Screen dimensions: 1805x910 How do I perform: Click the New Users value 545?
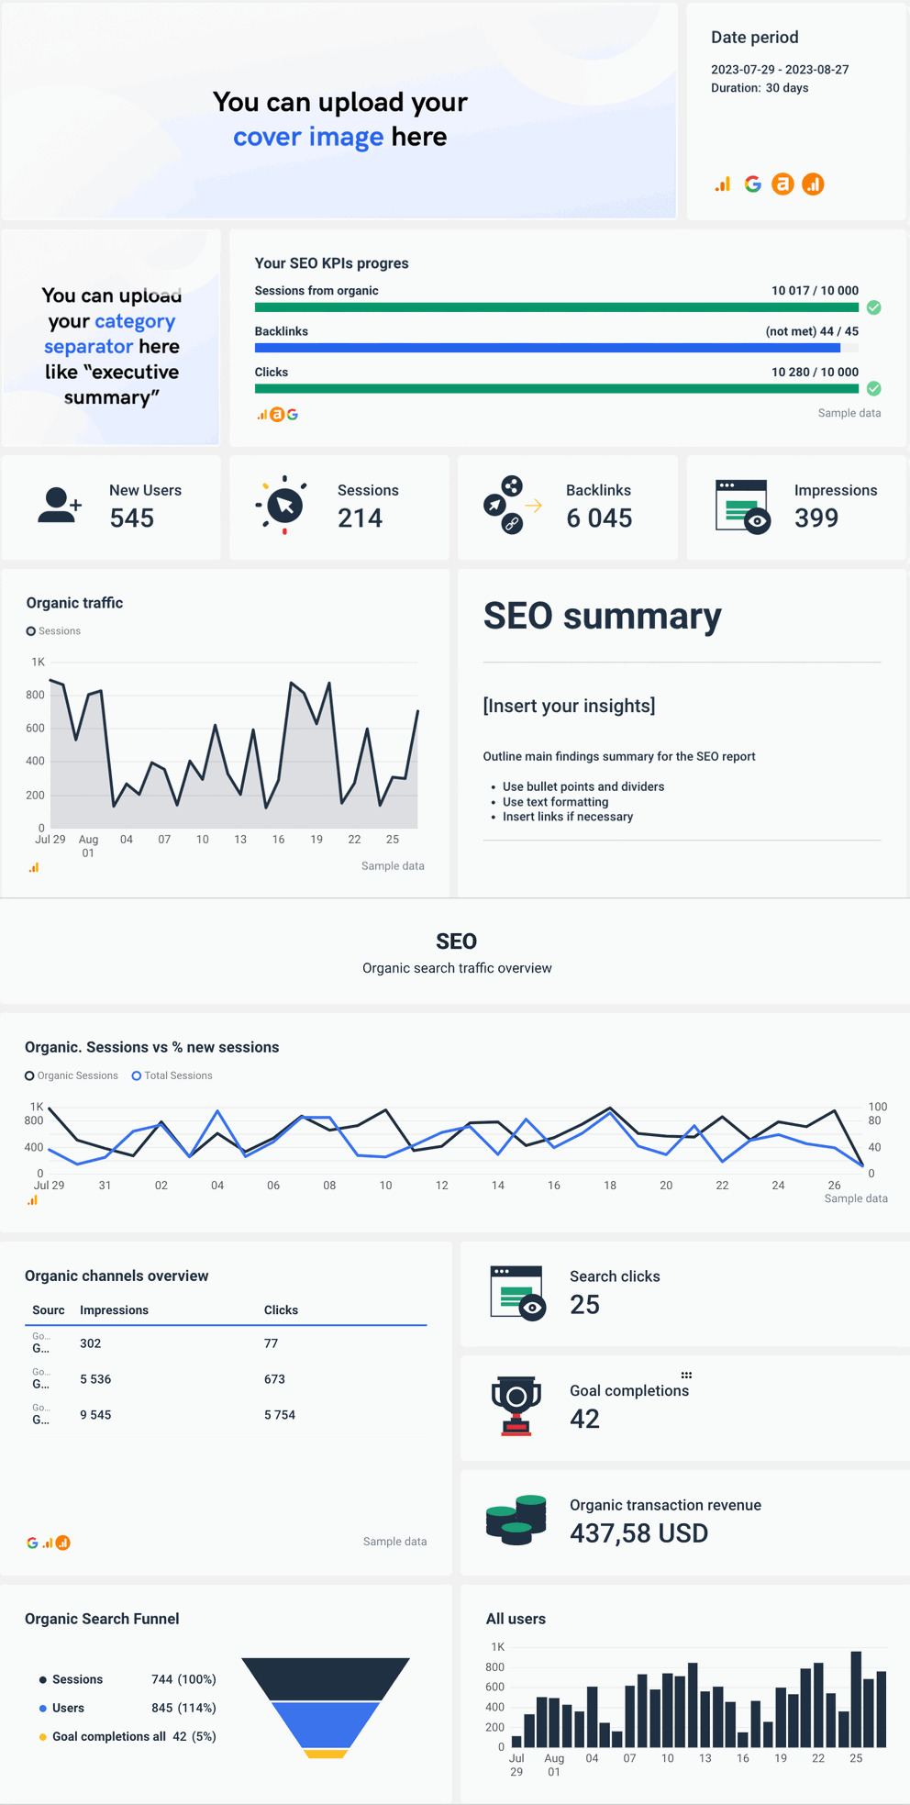pyautogui.click(x=132, y=518)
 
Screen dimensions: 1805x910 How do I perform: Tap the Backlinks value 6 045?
pyautogui.click(x=599, y=518)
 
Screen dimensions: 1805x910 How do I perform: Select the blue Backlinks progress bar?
pyautogui.click(x=547, y=348)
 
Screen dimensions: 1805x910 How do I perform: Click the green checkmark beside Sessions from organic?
pyautogui.click(x=874, y=307)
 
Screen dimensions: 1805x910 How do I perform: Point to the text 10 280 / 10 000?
pyautogui.click(x=815, y=372)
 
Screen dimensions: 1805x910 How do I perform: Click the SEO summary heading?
pyautogui.click(x=602, y=616)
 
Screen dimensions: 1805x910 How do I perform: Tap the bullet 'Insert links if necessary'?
pyautogui.click(x=567, y=817)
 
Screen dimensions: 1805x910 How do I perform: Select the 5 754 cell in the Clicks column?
pyautogui.click(x=280, y=1415)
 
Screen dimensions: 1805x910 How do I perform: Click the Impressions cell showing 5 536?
pyautogui.click(x=95, y=1379)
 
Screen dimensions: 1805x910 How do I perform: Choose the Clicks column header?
pyautogui.click(x=281, y=1310)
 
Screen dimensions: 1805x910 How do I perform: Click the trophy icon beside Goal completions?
pyautogui.click(x=516, y=1405)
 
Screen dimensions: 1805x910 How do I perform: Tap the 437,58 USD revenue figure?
pyautogui.click(x=638, y=1533)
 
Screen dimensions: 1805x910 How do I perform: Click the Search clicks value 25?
pyautogui.click(x=584, y=1305)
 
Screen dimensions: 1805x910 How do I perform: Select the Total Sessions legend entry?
pyautogui.click(x=172, y=1075)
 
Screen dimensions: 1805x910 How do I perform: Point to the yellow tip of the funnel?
pyautogui.click(x=325, y=1754)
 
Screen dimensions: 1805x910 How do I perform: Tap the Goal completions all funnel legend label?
pyautogui.click(x=108, y=1736)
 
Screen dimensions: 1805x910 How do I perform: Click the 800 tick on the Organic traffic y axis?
pyautogui.click(x=35, y=695)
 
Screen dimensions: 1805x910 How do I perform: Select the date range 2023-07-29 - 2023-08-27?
pyautogui.click(x=780, y=70)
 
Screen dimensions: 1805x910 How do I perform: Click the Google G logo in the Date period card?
pyautogui.click(x=753, y=184)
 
